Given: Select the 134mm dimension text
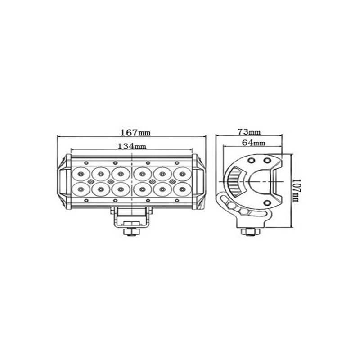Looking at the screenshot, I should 132,146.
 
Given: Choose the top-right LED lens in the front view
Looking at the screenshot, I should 181,172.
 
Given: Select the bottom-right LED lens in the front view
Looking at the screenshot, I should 181,189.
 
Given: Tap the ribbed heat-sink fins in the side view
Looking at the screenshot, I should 234,182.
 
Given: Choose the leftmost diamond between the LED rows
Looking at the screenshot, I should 90,181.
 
